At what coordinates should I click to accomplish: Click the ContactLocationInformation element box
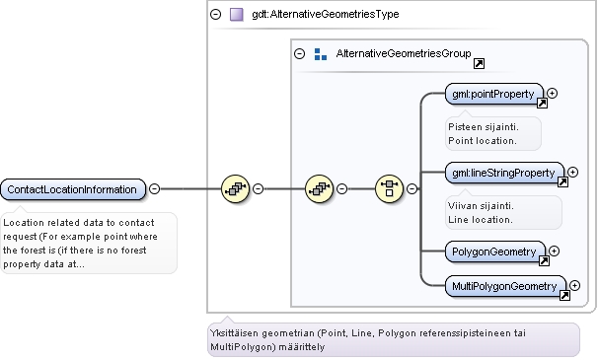click(73, 189)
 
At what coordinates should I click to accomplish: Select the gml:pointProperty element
click(494, 94)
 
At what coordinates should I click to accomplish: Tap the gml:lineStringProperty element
click(504, 173)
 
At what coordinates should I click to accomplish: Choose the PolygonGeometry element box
click(495, 252)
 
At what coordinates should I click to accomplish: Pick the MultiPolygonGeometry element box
click(505, 286)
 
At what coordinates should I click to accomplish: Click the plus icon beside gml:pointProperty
click(552, 94)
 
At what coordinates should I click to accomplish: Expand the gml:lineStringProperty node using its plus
click(572, 173)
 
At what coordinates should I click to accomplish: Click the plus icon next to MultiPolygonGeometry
click(574, 286)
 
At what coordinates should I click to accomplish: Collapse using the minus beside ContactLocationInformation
click(154, 188)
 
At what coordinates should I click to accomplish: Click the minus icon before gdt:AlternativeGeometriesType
click(215, 15)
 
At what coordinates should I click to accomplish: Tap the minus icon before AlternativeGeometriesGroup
click(299, 54)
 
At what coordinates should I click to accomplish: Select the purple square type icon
click(237, 15)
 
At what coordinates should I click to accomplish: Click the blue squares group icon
click(321, 54)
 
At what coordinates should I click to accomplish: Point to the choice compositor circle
click(389, 188)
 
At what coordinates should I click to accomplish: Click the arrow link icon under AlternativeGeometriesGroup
click(479, 64)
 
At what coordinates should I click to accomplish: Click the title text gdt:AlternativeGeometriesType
click(326, 15)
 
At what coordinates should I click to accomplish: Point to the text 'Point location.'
click(483, 141)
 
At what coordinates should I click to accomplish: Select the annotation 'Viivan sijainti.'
click(481, 206)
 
